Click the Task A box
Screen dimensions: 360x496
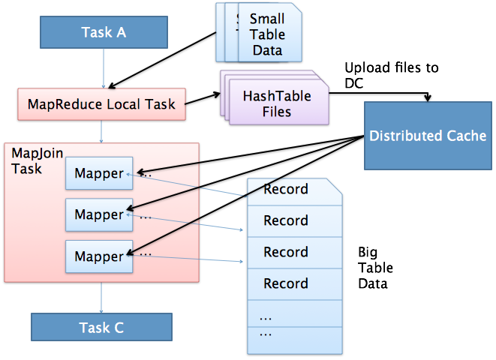[x=104, y=32]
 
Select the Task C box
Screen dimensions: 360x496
[x=101, y=328]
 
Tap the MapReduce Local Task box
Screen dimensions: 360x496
[x=101, y=104]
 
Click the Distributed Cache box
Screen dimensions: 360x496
[x=428, y=136]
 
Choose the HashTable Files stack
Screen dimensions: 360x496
[x=276, y=103]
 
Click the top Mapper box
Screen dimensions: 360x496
[x=99, y=173]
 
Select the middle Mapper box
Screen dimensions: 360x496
[x=99, y=214]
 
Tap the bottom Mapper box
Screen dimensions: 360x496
[x=99, y=256]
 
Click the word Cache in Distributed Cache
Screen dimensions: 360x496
[x=466, y=136]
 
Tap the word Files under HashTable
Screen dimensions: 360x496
[x=276, y=112]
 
